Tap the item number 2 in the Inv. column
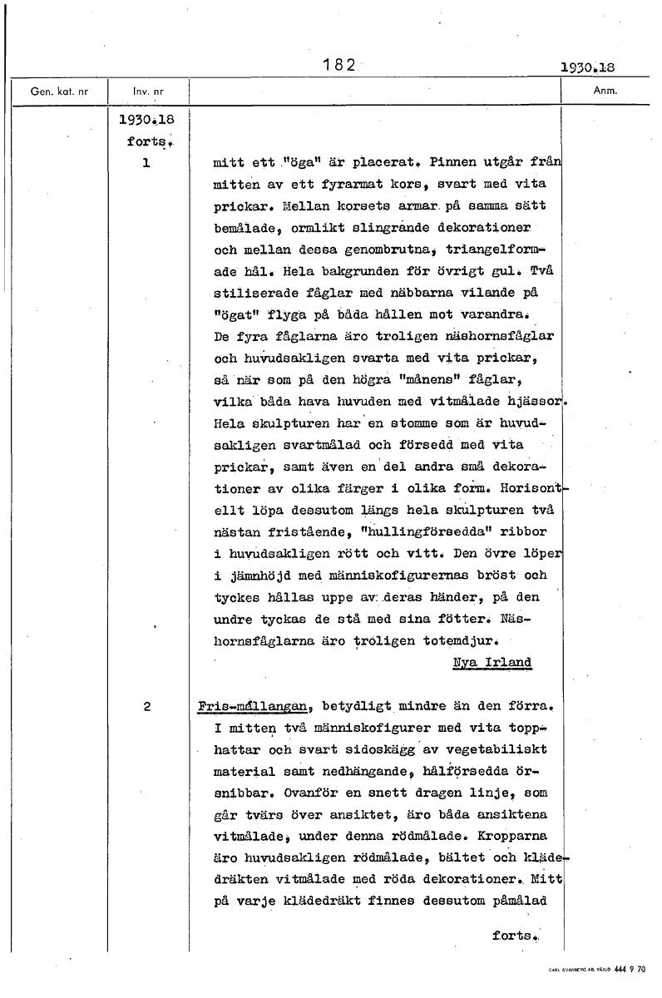point(146,707)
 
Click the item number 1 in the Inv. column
point(146,164)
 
